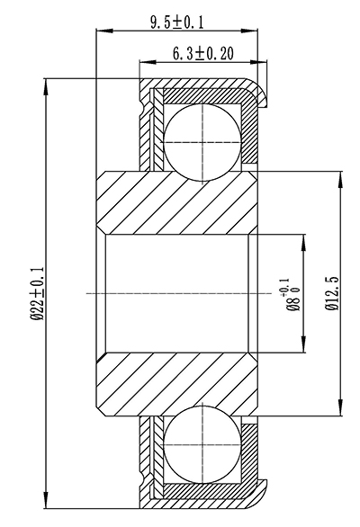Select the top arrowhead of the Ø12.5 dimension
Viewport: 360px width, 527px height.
pyautogui.click(x=340, y=175)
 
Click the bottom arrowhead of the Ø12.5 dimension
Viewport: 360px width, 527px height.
pyautogui.click(x=340, y=412)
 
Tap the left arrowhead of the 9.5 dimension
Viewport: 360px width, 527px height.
pyautogui.click(x=101, y=31)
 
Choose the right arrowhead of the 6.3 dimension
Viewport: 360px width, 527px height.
pyautogui.click(x=265, y=63)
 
